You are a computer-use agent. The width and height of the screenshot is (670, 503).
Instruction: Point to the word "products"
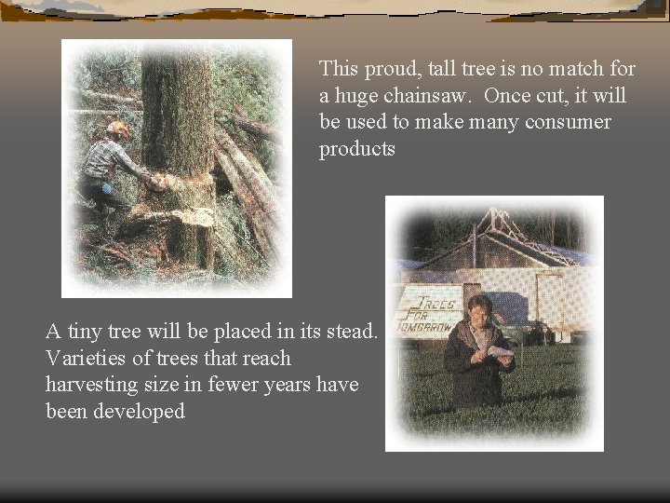pyautogui.click(x=357, y=149)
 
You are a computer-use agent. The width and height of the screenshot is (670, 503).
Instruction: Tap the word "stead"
pyautogui.click(x=351, y=331)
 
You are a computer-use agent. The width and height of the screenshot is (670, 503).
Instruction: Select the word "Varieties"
pyautogui.click(x=87, y=358)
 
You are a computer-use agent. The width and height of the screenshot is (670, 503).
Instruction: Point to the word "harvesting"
pyautogui.click(x=92, y=385)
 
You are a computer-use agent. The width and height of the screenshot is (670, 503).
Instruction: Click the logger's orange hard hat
pyautogui.click(x=118, y=129)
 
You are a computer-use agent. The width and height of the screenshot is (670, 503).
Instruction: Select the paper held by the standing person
pyautogui.click(x=500, y=350)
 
